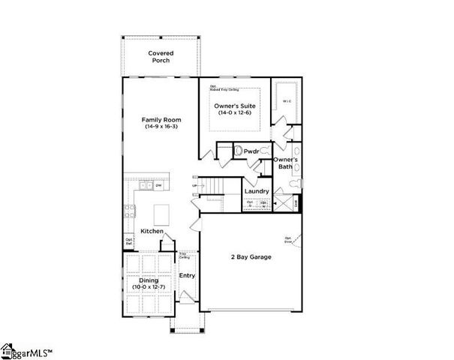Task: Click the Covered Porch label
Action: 161,57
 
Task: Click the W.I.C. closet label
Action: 286,100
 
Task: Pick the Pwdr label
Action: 251,151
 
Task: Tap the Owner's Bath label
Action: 286,164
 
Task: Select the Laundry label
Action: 257,191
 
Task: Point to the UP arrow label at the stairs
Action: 196,186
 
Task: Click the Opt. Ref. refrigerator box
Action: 130,242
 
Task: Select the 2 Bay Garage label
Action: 250,257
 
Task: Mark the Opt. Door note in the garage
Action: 289,241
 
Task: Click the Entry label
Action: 187,275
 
